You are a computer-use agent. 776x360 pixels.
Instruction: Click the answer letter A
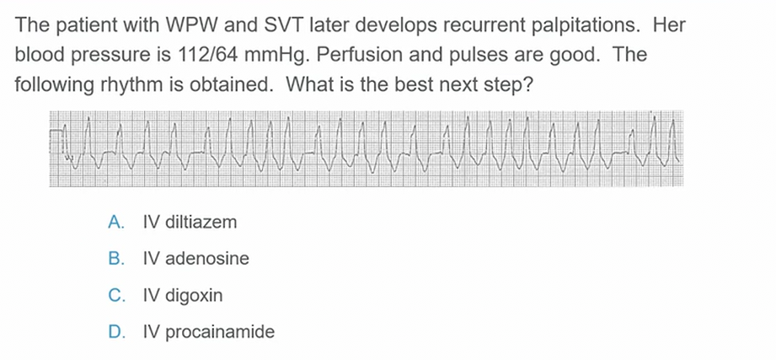click(x=115, y=223)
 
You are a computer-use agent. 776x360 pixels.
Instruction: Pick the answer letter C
click(x=115, y=295)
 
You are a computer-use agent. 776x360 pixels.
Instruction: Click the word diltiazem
click(x=201, y=222)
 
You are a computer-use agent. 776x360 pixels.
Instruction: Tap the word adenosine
click(x=207, y=259)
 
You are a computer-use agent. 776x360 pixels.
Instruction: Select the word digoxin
click(x=194, y=296)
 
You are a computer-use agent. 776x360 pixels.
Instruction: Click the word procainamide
click(x=220, y=332)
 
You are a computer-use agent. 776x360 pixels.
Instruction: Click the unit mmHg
click(x=275, y=56)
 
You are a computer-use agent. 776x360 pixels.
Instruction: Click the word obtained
click(x=227, y=84)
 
